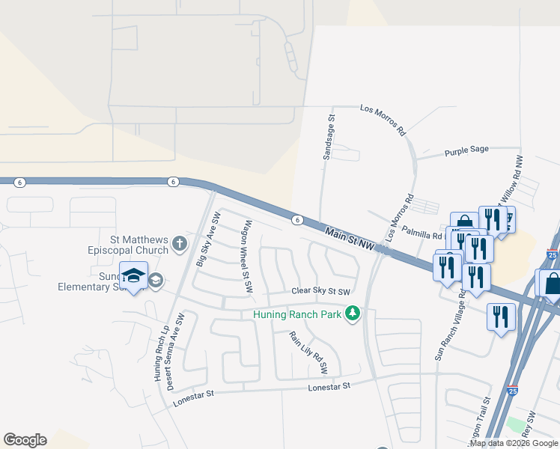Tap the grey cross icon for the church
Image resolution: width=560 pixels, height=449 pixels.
179,243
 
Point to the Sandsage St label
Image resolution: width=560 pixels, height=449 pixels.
327,138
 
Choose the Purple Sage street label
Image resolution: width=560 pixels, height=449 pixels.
466,150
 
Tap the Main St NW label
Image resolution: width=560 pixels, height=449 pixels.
349,239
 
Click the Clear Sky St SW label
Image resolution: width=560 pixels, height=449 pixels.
321,292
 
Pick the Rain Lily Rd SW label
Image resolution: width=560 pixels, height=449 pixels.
308,352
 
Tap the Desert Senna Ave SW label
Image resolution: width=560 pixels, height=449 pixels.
174,359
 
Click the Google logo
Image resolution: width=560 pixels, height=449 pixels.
25,440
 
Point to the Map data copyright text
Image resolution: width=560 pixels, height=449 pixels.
513,443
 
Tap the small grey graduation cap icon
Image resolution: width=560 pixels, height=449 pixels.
156,281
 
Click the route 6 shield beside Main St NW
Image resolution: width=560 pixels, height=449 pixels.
298,219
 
